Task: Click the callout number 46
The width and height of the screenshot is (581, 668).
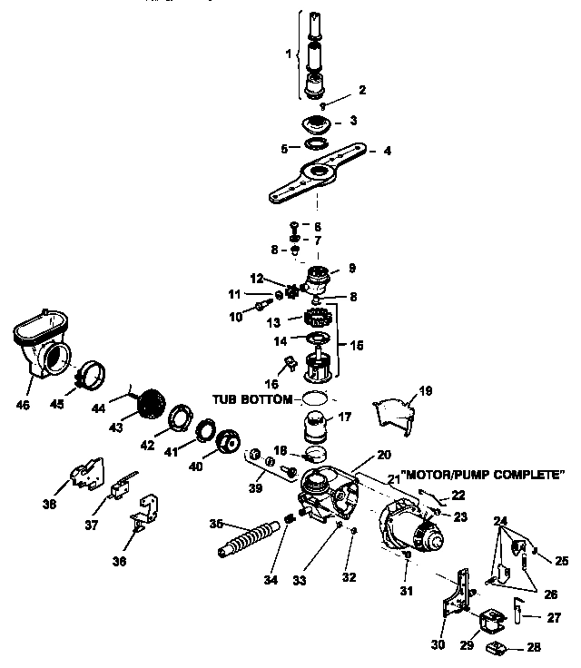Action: click(24, 404)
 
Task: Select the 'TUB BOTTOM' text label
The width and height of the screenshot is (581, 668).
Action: click(254, 399)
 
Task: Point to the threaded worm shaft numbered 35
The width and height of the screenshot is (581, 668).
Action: click(249, 542)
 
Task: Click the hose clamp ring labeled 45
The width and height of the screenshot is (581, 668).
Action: click(91, 375)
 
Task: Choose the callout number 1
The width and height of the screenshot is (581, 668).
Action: click(290, 54)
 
